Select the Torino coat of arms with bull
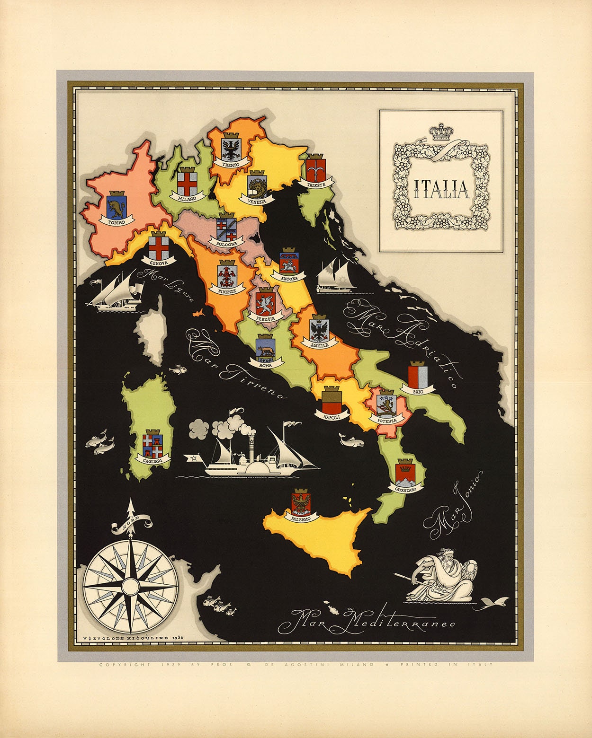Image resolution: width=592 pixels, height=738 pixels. pyautogui.click(x=116, y=204)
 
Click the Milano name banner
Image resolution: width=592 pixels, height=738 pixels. pyautogui.click(x=186, y=198)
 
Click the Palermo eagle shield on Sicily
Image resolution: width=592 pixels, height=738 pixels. pyautogui.click(x=301, y=503)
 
